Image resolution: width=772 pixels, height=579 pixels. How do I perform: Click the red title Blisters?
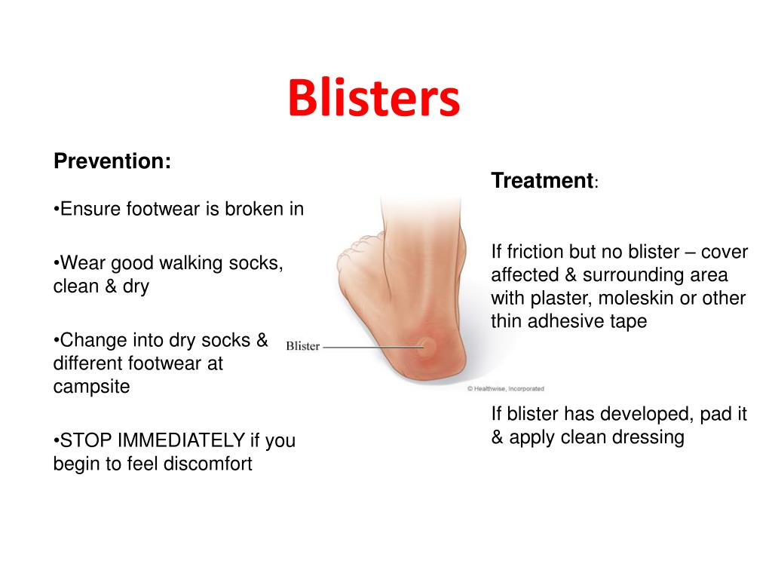coord(373,99)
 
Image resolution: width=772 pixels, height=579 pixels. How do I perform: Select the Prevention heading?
coord(112,161)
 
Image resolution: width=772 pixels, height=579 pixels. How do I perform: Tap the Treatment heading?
coord(542,181)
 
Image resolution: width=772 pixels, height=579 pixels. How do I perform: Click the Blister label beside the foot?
coord(302,347)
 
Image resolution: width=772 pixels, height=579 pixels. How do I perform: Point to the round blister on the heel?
coord(427,348)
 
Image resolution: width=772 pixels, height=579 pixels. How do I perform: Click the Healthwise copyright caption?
coord(505,389)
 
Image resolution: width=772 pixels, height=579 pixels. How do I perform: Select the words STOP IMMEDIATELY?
coord(152,440)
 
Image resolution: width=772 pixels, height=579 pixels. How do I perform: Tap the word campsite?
coord(91,387)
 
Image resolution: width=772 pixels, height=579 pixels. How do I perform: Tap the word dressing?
coord(650,437)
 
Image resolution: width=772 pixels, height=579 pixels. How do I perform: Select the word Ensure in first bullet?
coord(87,209)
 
